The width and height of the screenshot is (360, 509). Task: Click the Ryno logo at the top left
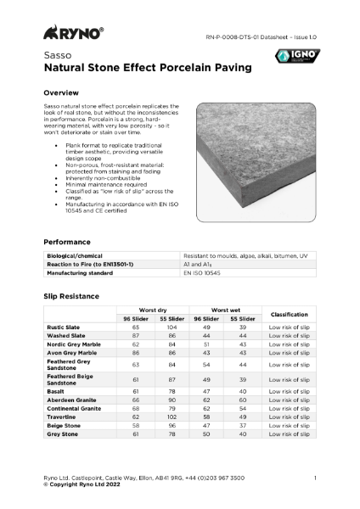[x=73, y=33]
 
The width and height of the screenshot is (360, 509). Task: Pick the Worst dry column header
[x=152, y=310]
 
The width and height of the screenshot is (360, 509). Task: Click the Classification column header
[x=288, y=315]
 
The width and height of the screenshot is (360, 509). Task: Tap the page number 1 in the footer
[x=314, y=478]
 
